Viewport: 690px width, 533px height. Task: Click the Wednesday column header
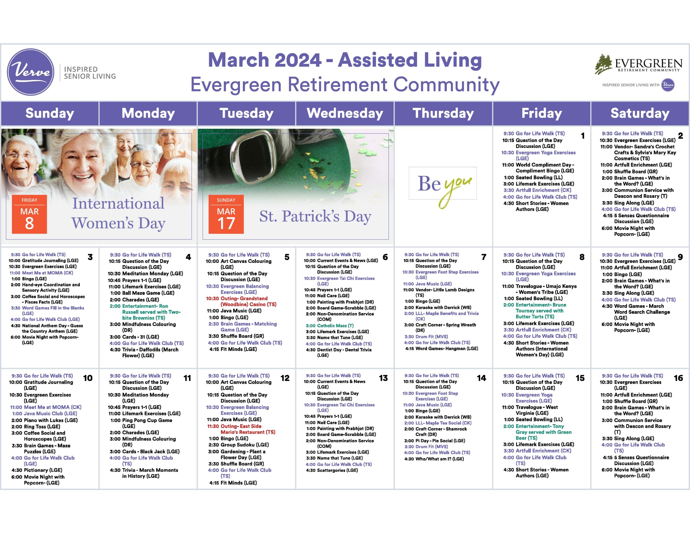[x=345, y=113]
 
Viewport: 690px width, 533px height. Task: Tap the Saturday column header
[x=640, y=113]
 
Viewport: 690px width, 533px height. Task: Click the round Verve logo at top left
[x=31, y=72]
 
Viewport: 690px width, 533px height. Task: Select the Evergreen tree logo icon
[x=604, y=64]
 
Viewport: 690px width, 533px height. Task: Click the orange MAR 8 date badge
[x=29, y=214]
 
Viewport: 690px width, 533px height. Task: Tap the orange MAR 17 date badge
[x=226, y=214]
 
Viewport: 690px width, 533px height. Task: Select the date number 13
[x=383, y=378]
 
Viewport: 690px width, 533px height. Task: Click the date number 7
[x=484, y=257]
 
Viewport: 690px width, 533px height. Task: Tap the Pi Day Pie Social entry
[x=434, y=440]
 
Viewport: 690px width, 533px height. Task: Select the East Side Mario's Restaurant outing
[x=241, y=429]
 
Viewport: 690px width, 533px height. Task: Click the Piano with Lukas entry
[x=44, y=420]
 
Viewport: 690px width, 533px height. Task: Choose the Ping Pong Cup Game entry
[x=141, y=423]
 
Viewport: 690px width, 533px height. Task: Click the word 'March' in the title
[x=239, y=60]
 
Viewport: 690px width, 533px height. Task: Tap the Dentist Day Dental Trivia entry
[x=339, y=352]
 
